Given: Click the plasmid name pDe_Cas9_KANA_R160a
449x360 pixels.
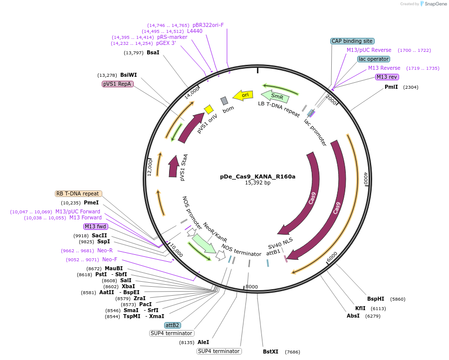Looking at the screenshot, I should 257,177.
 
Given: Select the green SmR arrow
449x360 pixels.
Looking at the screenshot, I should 275,95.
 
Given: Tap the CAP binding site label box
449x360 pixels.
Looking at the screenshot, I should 352,41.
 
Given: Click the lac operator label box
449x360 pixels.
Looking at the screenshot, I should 373,59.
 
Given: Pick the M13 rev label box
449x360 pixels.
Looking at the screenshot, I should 387,77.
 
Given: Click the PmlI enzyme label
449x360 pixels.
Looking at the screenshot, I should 391,87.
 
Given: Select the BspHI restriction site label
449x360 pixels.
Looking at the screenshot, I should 376,299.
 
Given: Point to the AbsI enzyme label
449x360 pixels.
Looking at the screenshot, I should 353,316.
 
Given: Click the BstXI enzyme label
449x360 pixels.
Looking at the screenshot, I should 271,352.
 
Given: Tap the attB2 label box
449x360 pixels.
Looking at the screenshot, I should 173,325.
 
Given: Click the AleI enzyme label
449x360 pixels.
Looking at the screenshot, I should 203,342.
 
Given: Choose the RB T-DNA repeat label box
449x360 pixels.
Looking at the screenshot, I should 78,193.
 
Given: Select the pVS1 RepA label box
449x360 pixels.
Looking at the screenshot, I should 117,84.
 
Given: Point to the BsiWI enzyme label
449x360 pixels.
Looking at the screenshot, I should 128,75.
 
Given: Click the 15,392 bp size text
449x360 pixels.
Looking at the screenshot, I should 257,183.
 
